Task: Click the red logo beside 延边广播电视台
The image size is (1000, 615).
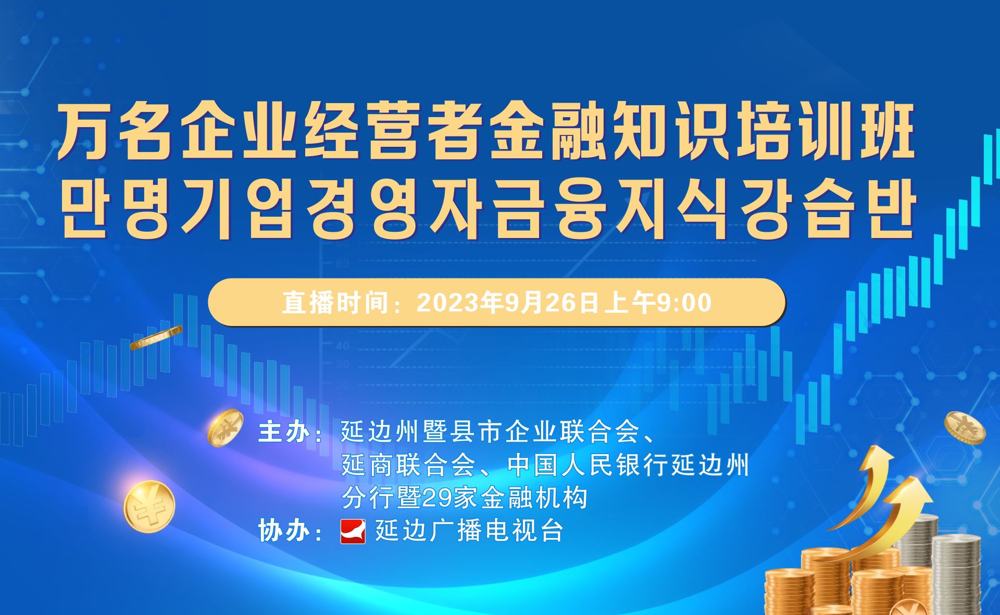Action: click(x=353, y=531)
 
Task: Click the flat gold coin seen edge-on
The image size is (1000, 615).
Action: click(x=156, y=337)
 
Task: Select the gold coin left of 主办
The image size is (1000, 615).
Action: click(x=225, y=427)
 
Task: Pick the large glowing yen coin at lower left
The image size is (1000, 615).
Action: click(x=149, y=507)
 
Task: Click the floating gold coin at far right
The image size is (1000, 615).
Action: click(x=965, y=428)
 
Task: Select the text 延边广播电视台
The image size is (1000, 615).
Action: click(x=469, y=531)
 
